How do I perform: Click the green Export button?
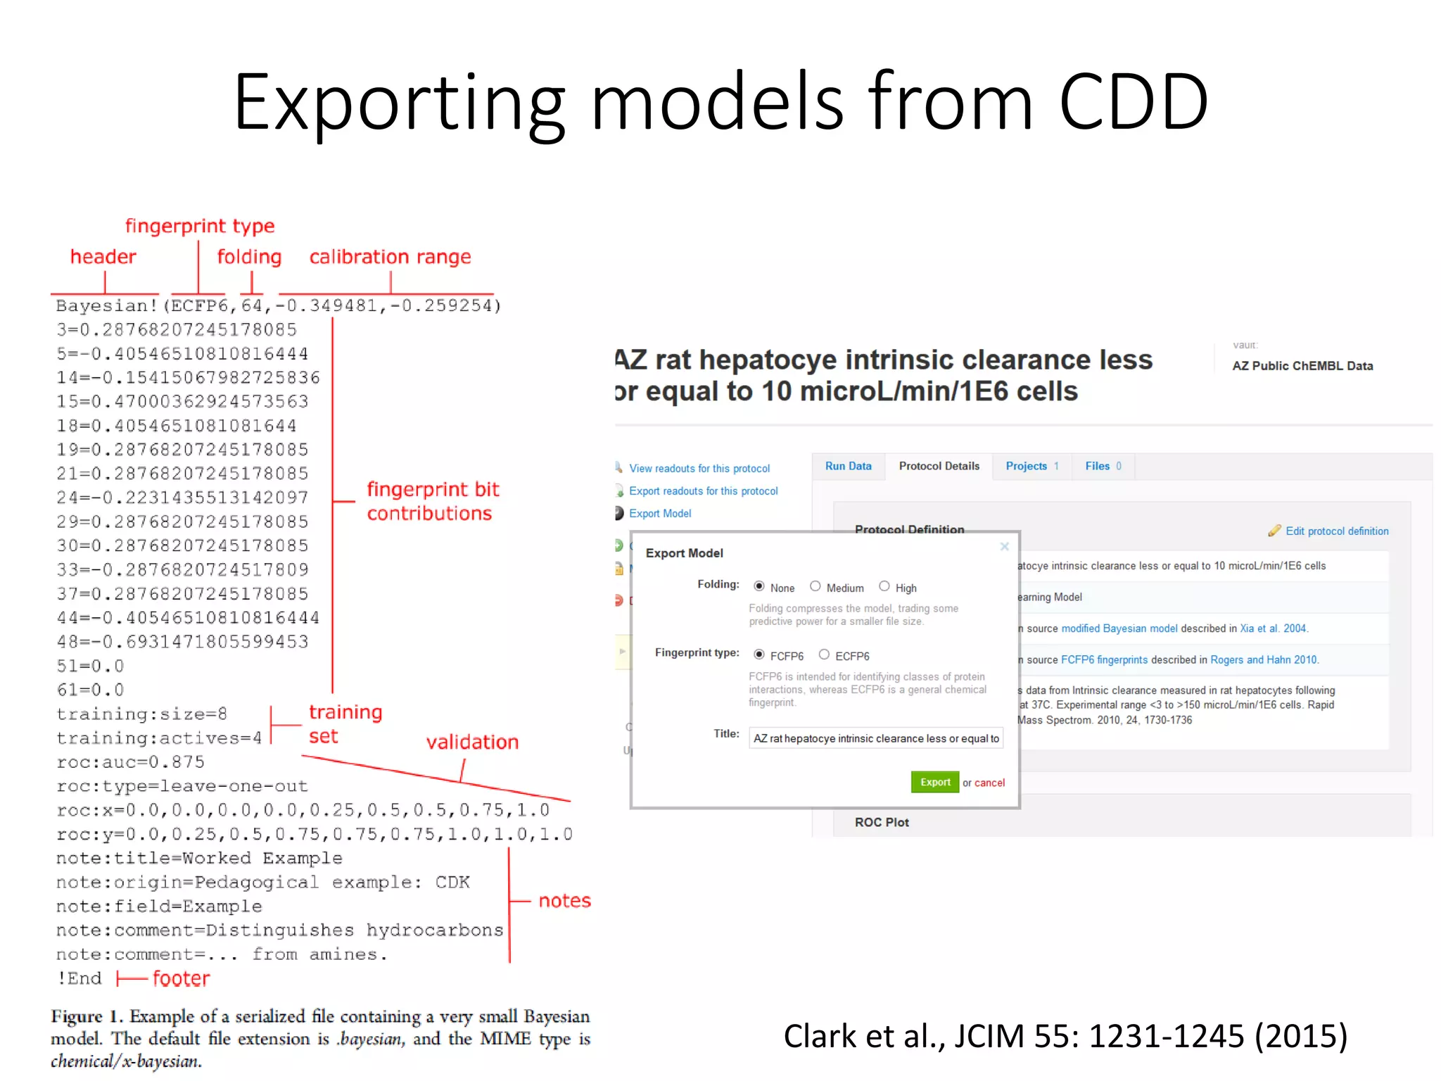(x=934, y=782)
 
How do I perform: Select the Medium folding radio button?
(x=815, y=586)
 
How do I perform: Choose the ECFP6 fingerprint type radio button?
(x=824, y=655)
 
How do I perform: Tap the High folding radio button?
(x=884, y=586)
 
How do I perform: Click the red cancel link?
(x=989, y=783)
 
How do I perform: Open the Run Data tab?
(x=848, y=466)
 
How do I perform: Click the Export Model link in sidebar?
(x=660, y=514)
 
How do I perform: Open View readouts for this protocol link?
(x=699, y=469)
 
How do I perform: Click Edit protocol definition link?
(x=1337, y=531)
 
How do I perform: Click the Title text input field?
(x=876, y=738)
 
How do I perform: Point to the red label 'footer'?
(x=181, y=979)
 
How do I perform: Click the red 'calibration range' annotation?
(x=390, y=258)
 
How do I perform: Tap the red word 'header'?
(x=103, y=257)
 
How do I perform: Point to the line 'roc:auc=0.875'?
(x=131, y=762)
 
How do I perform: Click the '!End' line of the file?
(x=80, y=979)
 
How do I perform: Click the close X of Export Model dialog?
(x=1005, y=547)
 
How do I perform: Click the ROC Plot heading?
(x=882, y=822)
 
